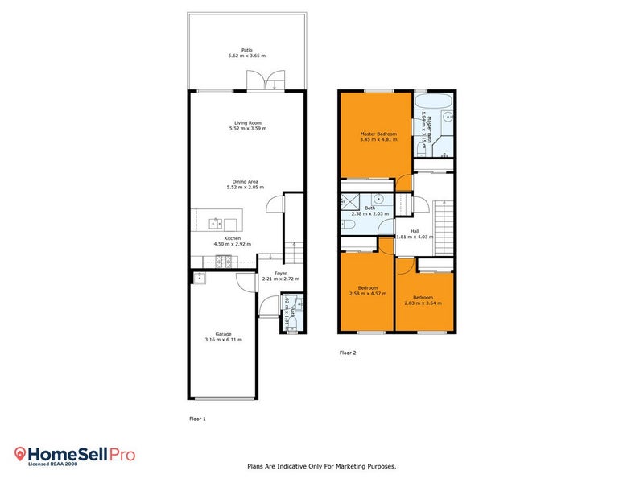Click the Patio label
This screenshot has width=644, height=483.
tap(247, 50)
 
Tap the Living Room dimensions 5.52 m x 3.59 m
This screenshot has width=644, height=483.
tap(247, 129)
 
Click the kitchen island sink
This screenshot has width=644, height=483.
tap(217, 222)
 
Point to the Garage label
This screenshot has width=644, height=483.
tap(223, 334)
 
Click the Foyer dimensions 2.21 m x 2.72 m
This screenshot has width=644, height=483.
tap(280, 279)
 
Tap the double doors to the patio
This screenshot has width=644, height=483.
tap(266, 80)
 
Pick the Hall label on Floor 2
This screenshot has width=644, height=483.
tap(415, 231)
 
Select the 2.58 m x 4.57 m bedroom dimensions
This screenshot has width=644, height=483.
tap(368, 294)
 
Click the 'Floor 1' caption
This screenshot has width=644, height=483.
tap(197, 419)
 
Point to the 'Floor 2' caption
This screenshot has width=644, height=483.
tap(347, 353)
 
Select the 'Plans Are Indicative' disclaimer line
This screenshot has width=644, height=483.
tap(321, 466)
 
